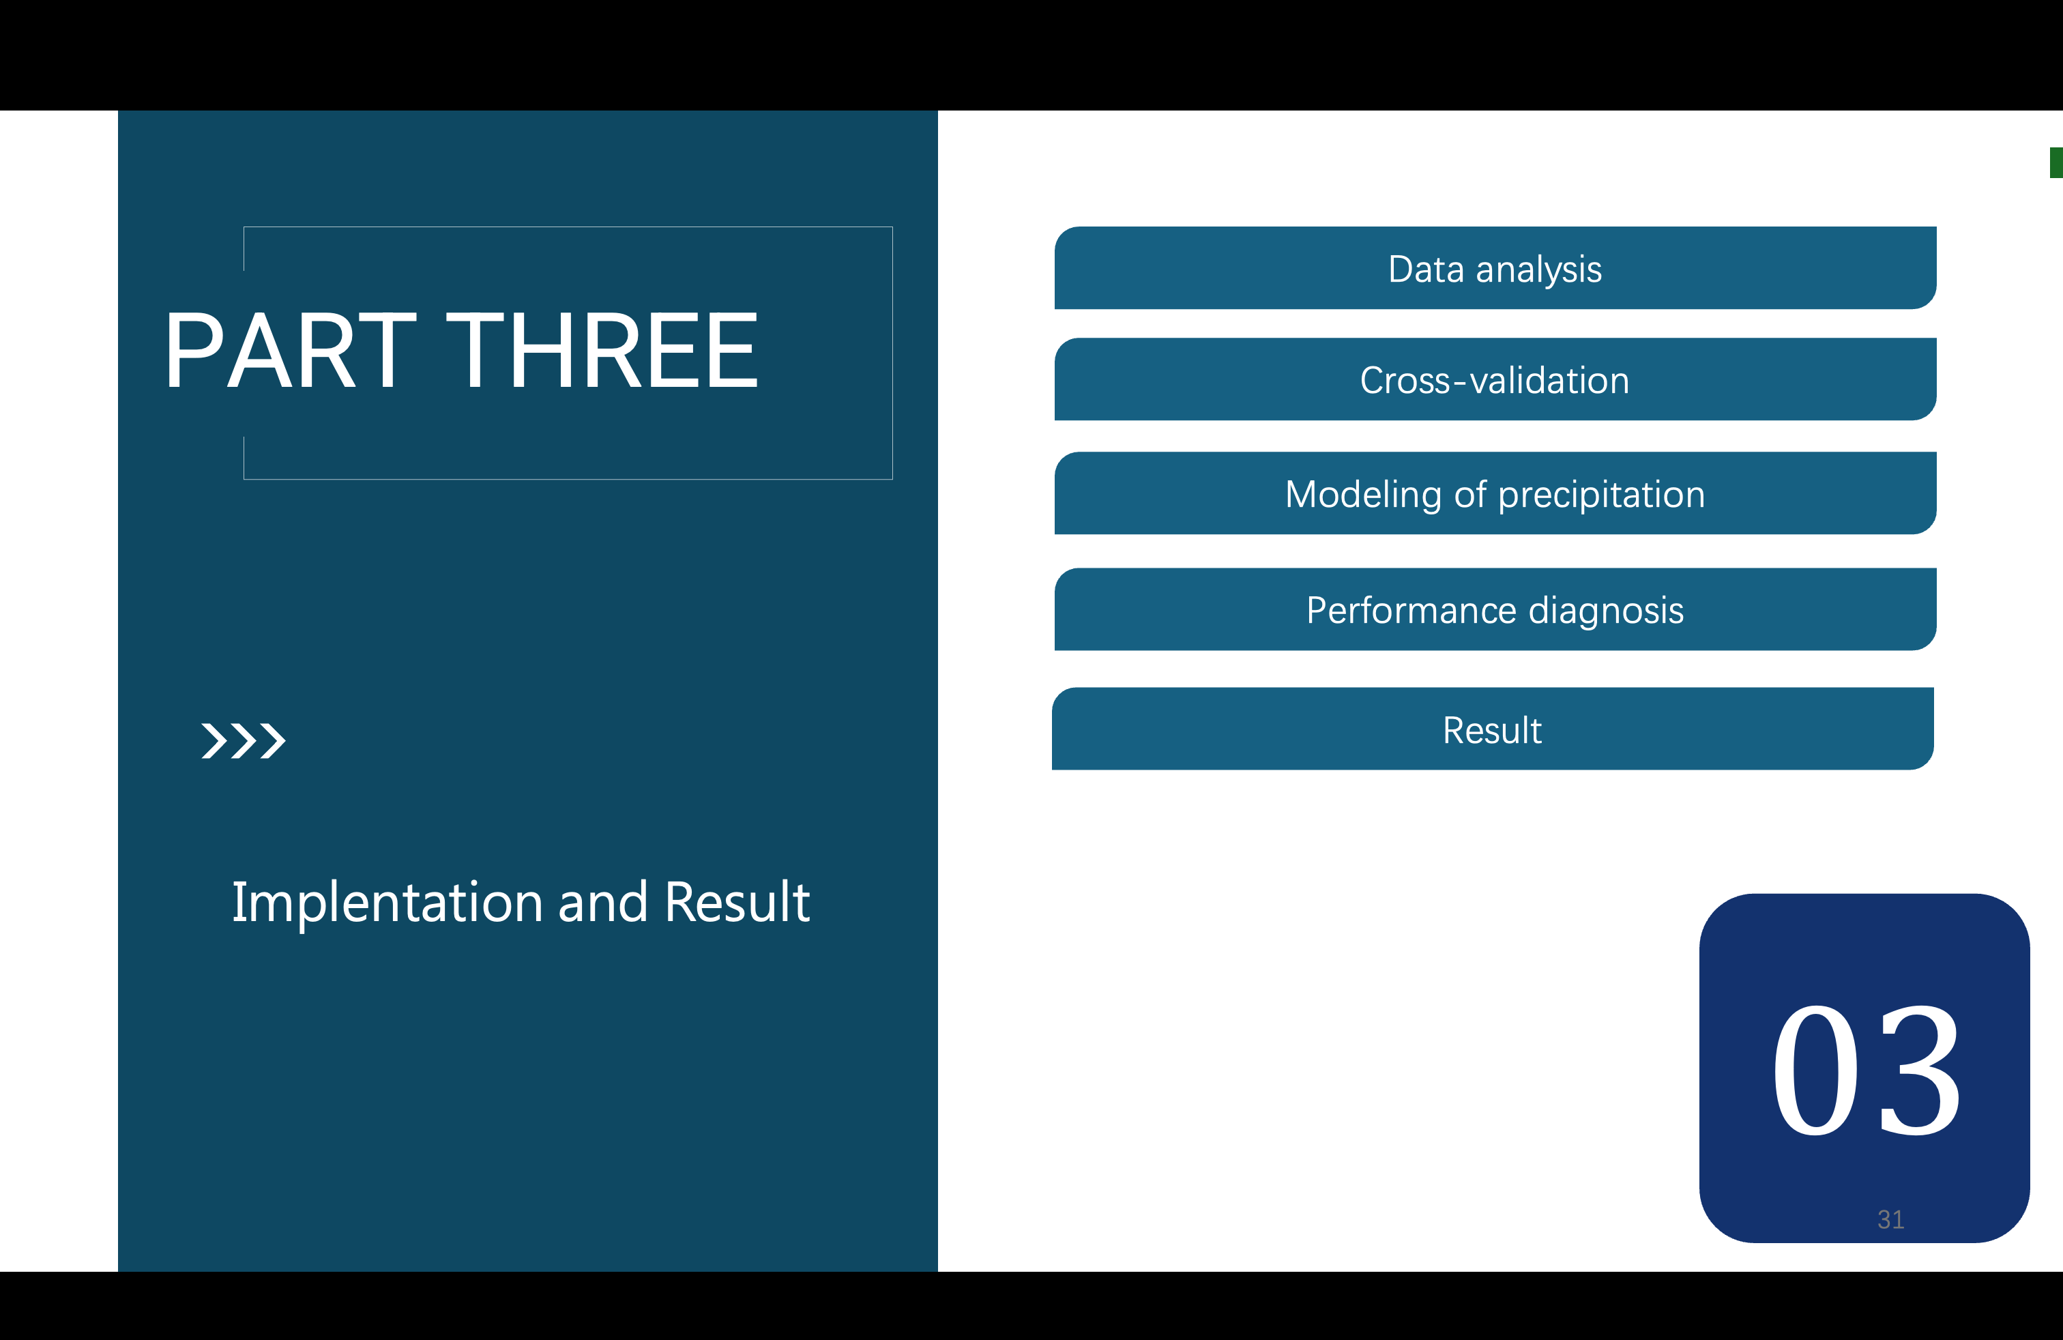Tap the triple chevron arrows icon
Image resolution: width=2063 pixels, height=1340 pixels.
pyautogui.click(x=244, y=741)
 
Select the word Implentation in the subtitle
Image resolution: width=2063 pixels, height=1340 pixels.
pyautogui.click(x=387, y=903)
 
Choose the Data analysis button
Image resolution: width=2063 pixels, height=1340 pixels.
pyautogui.click(x=1495, y=268)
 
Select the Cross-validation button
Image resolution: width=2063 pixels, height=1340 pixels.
pyautogui.click(x=1495, y=379)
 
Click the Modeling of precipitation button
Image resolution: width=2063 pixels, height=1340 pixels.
pyautogui.click(x=1495, y=493)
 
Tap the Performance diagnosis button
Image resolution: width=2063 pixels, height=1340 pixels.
pyautogui.click(x=1495, y=609)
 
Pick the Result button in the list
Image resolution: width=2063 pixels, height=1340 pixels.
pyautogui.click(x=1493, y=729)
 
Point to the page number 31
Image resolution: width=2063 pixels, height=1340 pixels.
pyautogui.click(x=1890, y=1219)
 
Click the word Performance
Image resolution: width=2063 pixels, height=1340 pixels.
pyautogui.click(x=1412, y=610)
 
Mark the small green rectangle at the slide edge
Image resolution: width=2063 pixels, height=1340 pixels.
pyautogui.click(x=2056, y=163)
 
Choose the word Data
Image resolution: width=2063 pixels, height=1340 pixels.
pyautogui.click(x=1426, y=269)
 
